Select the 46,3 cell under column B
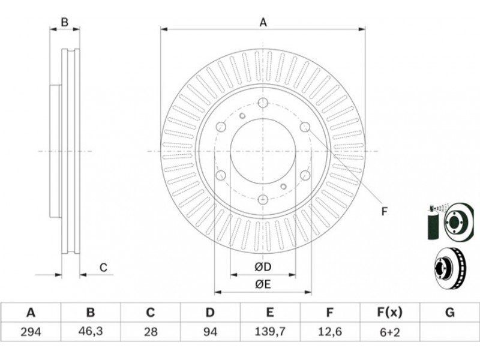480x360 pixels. [x=90, y=331]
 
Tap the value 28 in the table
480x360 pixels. [x=150, y=331]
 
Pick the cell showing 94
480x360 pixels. [x=210, y=331]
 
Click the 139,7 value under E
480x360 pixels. [x=270, y=331]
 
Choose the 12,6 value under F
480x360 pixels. [x=329, y=331]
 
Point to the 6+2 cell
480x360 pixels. [x=389, y=331]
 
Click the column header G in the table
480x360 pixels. [x=449, y=313]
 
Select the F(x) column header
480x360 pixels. [x=389, y=313]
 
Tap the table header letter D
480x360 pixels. [x=210, y=313]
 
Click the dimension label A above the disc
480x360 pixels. [x=263, y=23]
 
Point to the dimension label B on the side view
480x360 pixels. [x=65, y=23]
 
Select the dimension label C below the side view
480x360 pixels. [x=103, y=268]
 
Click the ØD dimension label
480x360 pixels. [x=263, y=267]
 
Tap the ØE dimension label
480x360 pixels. [x=263, y=285]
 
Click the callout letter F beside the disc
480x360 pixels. [x=385, y=211]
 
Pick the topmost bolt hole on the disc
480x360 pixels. [x=263, y=102]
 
